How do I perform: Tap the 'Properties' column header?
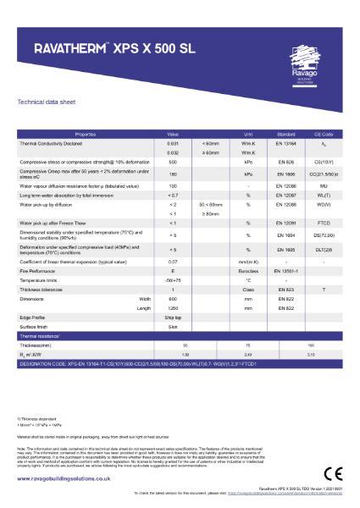pyautogui.click(x=86, y=135)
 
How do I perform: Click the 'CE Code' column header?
pyautogui.click(x=323, y=135)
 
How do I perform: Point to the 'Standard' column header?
pyautogui.click(x=285, y=135)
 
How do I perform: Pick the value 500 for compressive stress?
pyautogui.click(x=173, y=161)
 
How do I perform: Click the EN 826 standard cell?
pyautogui.click(x=285, y=161)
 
